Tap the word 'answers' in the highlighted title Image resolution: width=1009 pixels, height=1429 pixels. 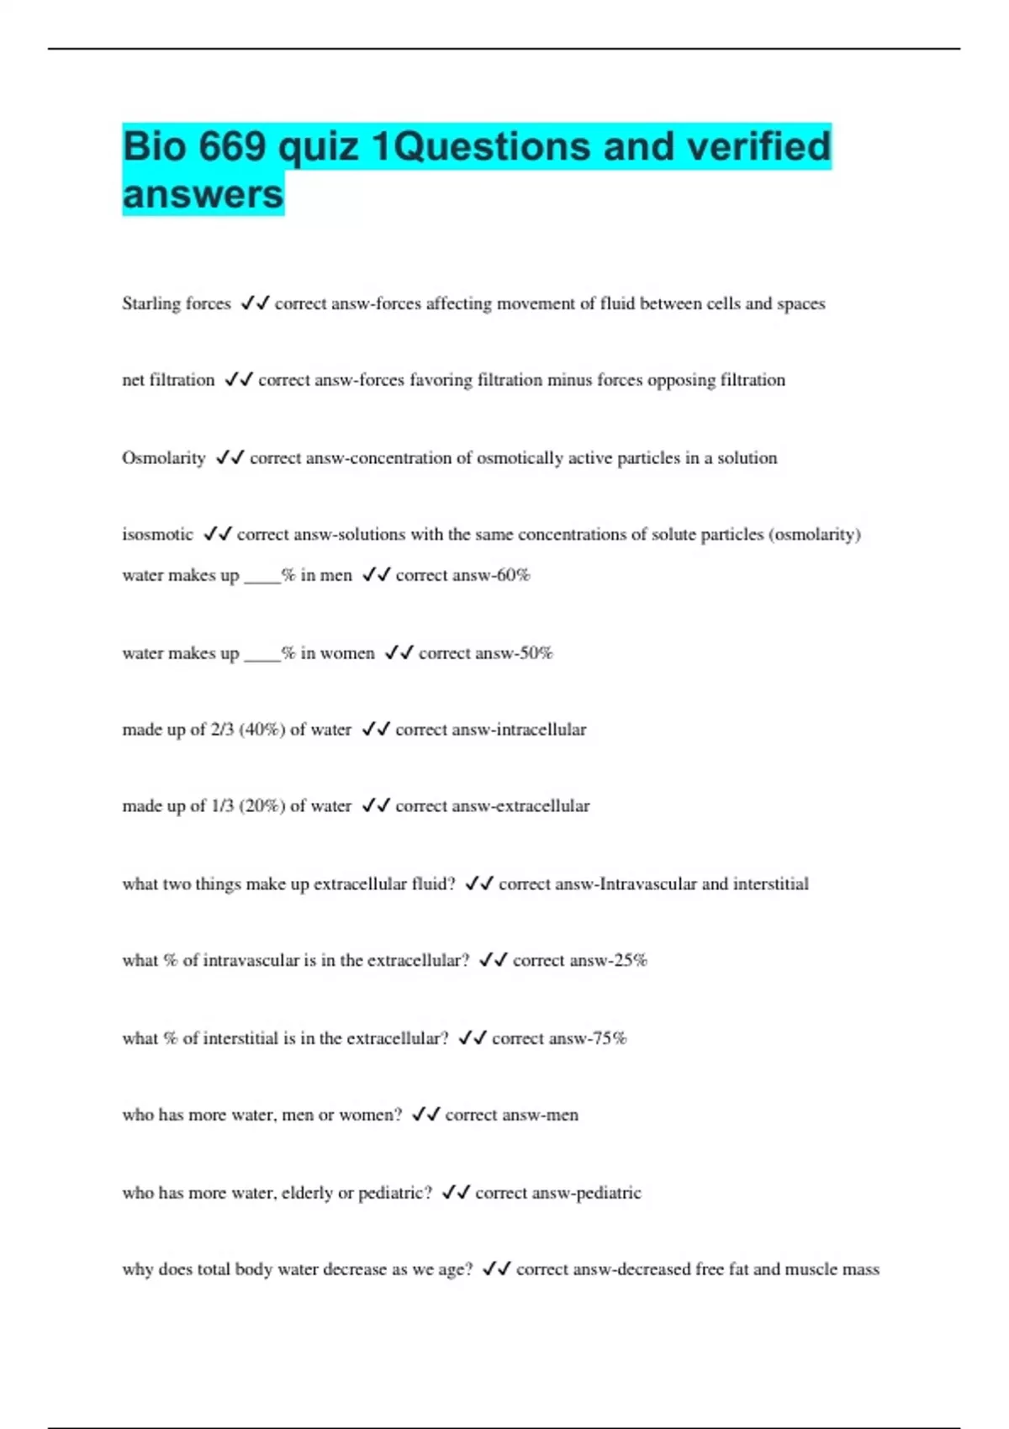pyautogui.click(x=203, y=194)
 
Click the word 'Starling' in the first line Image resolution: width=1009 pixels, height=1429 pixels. pyautogui.click(x=151, y=303)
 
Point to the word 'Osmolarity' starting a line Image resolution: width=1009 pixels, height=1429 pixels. pyautogui.click(x=163, y=458)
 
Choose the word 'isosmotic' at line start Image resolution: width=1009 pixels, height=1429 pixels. pyautogui.click(x=157, y=535)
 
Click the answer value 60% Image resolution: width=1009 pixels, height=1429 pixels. pyautogui.click(x=512, y=575)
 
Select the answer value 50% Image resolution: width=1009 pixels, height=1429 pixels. pyautogui.click(x=535, y=653)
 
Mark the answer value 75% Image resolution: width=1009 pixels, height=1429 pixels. pyautogui.click(x=609, y=1039)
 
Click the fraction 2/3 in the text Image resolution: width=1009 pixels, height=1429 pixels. pyautogui.click(x=222, y=730)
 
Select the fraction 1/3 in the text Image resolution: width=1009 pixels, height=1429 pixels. pyautogui.click(x=222, y=806)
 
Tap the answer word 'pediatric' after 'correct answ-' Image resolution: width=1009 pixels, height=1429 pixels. pyautogui.click(x=605, y=1193)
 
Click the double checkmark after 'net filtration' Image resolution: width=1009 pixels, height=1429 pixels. pyautogui.click(x=239, y=380)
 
